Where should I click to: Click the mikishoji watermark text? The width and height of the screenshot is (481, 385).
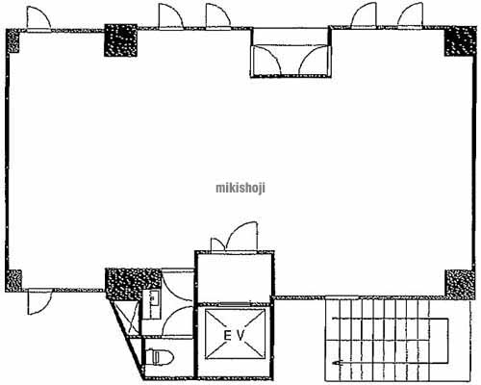point(240,188)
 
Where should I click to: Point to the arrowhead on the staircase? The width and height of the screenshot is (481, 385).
point(337,363)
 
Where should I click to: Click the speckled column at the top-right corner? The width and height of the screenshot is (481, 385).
point(459,41)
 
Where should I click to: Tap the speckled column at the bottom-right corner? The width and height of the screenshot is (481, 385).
point(459,284)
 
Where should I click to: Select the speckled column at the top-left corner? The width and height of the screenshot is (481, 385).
point(13,40)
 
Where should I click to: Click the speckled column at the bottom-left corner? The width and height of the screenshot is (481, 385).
point(13,281)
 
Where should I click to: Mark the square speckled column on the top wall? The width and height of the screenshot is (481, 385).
point(121,40)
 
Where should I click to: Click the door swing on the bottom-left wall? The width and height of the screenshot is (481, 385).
point(39,301)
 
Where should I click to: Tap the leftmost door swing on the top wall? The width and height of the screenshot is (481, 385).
point(38,18)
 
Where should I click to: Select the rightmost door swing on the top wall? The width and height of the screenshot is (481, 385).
point(411,16)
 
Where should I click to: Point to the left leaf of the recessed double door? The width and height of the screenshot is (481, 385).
point(267,61)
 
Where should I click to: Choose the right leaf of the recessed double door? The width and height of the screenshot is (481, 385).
point(314,61)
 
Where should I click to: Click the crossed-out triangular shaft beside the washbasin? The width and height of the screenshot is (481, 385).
point(128,317)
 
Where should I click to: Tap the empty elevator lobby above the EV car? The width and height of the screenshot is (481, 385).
point(235,278)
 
